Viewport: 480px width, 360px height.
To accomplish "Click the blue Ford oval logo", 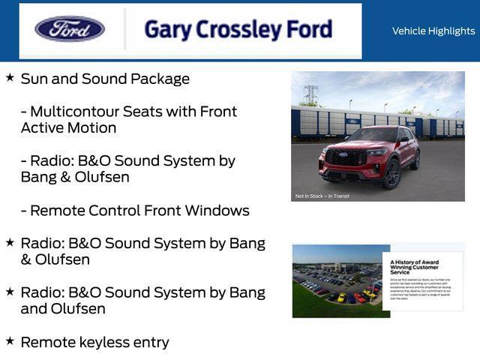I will click(x=70, y=29).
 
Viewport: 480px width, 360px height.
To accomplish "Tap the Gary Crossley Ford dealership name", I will click(x=238, y=30).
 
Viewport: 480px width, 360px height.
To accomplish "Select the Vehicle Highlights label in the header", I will click(x=433, y=31).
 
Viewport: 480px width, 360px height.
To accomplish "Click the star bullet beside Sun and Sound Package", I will click(x=10, y=77).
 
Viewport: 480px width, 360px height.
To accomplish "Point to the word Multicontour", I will click(x=74, y=112).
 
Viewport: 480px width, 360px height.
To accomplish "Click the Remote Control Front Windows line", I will click(x=135, y=211).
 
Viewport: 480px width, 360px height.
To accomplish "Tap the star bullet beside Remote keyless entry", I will click(x=10, y=340).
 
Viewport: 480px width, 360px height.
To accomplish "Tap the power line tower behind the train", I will click(x=310, y=94).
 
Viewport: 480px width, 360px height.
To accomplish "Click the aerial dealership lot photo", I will click(x=337, y=280).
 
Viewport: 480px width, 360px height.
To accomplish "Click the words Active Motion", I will click(x=69, y=128).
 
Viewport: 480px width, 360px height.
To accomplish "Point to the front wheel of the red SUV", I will click(x=391, y=174).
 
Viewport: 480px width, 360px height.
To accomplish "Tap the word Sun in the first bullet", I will click(x=34, y=79).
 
